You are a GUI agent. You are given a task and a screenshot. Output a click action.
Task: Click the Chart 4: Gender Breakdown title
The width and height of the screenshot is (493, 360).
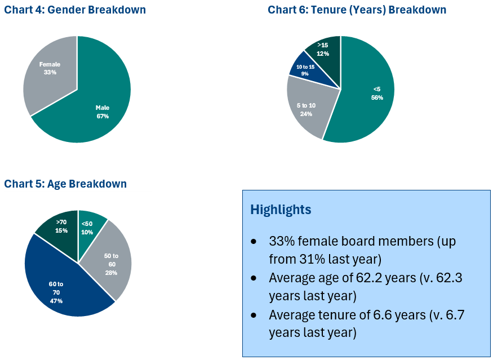[75, 10]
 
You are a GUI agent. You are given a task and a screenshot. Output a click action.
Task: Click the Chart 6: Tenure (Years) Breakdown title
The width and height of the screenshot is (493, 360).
[357, 10]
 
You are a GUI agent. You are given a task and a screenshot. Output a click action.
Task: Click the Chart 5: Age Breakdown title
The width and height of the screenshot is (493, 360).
[65, 184]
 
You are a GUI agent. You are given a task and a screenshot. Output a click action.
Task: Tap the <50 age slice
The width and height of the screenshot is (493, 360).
[90, 228]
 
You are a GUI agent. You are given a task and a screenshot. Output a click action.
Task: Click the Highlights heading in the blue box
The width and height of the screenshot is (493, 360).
[281, 210]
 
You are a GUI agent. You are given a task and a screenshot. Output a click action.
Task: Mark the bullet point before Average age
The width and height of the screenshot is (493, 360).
[254, 278]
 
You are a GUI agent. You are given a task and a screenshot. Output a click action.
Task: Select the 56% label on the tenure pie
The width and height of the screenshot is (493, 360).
[377, 98]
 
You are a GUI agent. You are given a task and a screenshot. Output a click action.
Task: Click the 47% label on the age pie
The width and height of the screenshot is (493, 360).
[56, 301]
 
